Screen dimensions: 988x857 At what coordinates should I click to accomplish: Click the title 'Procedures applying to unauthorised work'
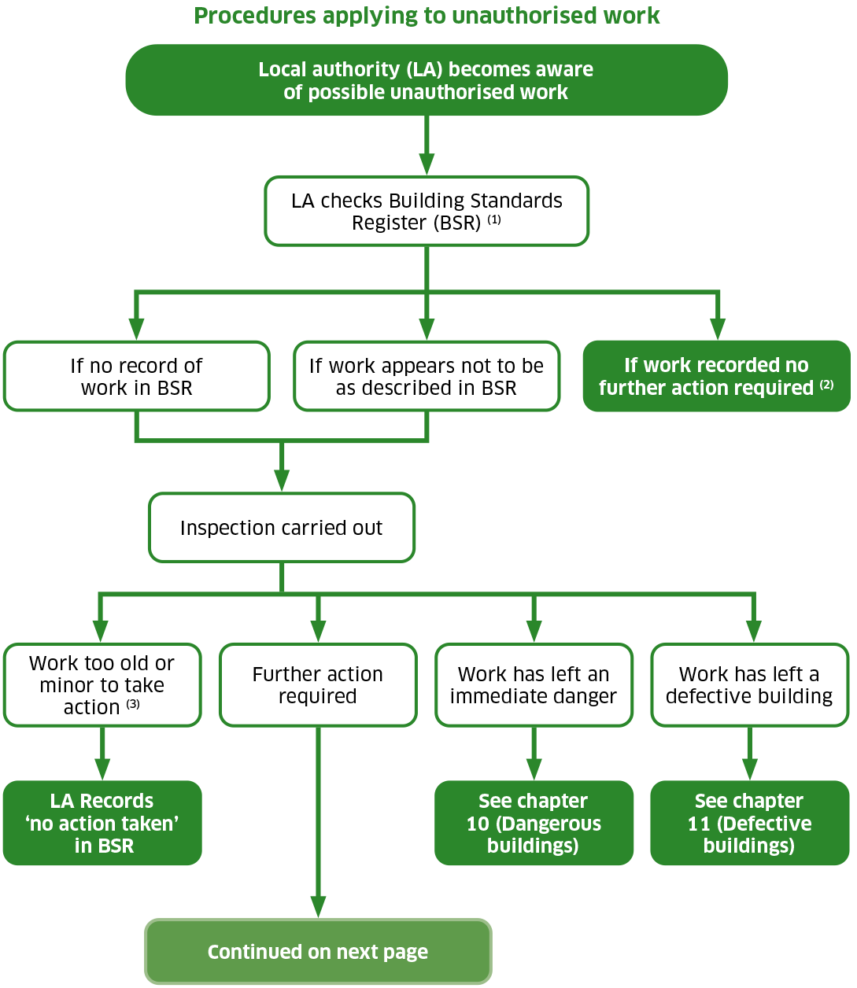(x=427, y=16)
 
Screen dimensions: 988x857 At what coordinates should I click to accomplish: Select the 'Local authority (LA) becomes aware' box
(x=427, y=80)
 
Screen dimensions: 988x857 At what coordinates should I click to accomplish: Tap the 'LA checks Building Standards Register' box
(x=427, y=212)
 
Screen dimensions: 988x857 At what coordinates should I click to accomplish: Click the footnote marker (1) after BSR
(x=494, y=220)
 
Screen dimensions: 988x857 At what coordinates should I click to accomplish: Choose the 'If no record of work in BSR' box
(x=137, y=377)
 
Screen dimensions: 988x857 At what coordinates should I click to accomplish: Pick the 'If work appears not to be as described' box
(x=427, y=377)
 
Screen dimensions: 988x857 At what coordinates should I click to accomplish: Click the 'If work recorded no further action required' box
(x=716, y=377)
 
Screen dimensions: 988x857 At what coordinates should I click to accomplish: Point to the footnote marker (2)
(x=826, y=385)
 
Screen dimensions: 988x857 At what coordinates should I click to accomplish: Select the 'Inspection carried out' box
(x=282, y=528)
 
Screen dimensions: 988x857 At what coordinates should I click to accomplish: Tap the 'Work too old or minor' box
(x=102, y=685)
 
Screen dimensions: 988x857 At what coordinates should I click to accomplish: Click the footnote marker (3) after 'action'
(x=133, y=704)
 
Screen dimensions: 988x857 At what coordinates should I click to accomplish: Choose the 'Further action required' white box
(x=318, y=685)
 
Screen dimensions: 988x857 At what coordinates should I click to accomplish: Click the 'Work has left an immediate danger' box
(x=534, y=685)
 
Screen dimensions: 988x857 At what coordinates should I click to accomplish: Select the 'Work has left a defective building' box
(x=749, y=685)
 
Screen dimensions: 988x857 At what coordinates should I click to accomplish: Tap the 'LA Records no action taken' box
(x=102, y=823)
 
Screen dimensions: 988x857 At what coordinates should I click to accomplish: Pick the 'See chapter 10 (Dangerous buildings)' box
(x=534, y=823)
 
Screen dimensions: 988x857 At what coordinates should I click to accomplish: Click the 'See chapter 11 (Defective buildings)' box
(x=749, y=823)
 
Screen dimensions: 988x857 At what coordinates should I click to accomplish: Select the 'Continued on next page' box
(x=318, y=952)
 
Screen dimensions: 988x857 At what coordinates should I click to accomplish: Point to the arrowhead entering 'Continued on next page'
(x=318, y=906)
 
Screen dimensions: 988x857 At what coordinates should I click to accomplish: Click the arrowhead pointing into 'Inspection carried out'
(x=282, y=480)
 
